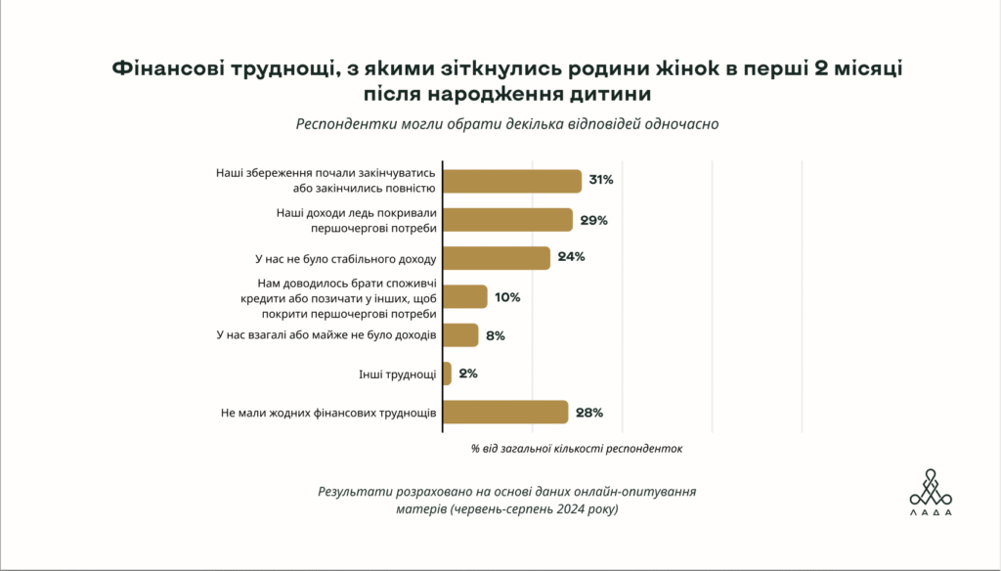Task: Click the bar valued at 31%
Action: [x=512, y=181]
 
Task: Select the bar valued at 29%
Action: [x=507, y=220]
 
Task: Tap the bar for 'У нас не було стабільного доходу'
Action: [x=497, y=258]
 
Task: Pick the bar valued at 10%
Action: [x=465, y=297]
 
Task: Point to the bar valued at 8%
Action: [x=460, y=335]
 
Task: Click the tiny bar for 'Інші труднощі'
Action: [x=447, y=373]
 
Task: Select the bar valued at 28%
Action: [x=505, y=413]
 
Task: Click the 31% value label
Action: [x=599, y=181]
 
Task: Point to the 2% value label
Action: [x=469, y=373]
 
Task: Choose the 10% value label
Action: [x=508, y=297]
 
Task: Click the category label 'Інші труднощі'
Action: [x=398, y=373]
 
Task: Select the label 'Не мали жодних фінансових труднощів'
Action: [x=329, y=413]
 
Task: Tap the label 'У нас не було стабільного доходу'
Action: [x=338, y=259]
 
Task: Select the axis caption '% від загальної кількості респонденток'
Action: [x=576, y=450]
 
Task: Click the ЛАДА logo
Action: [x=930, y=492]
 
